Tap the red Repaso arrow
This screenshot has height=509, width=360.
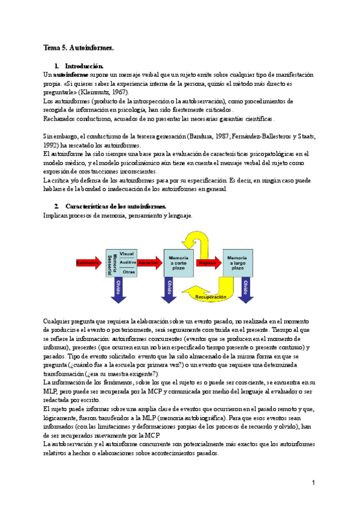(x=208, y=262)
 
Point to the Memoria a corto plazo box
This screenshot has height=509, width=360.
(x=179, y=262)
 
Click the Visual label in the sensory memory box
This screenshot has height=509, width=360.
(x=127, y=253)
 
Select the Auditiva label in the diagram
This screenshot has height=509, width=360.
(x=128, y=262)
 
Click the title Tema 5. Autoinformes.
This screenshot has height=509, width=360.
(x=79, y=47)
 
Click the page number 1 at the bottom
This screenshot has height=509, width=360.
(x=313, y=482)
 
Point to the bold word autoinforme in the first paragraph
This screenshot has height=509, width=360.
(x=68, y=74)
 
